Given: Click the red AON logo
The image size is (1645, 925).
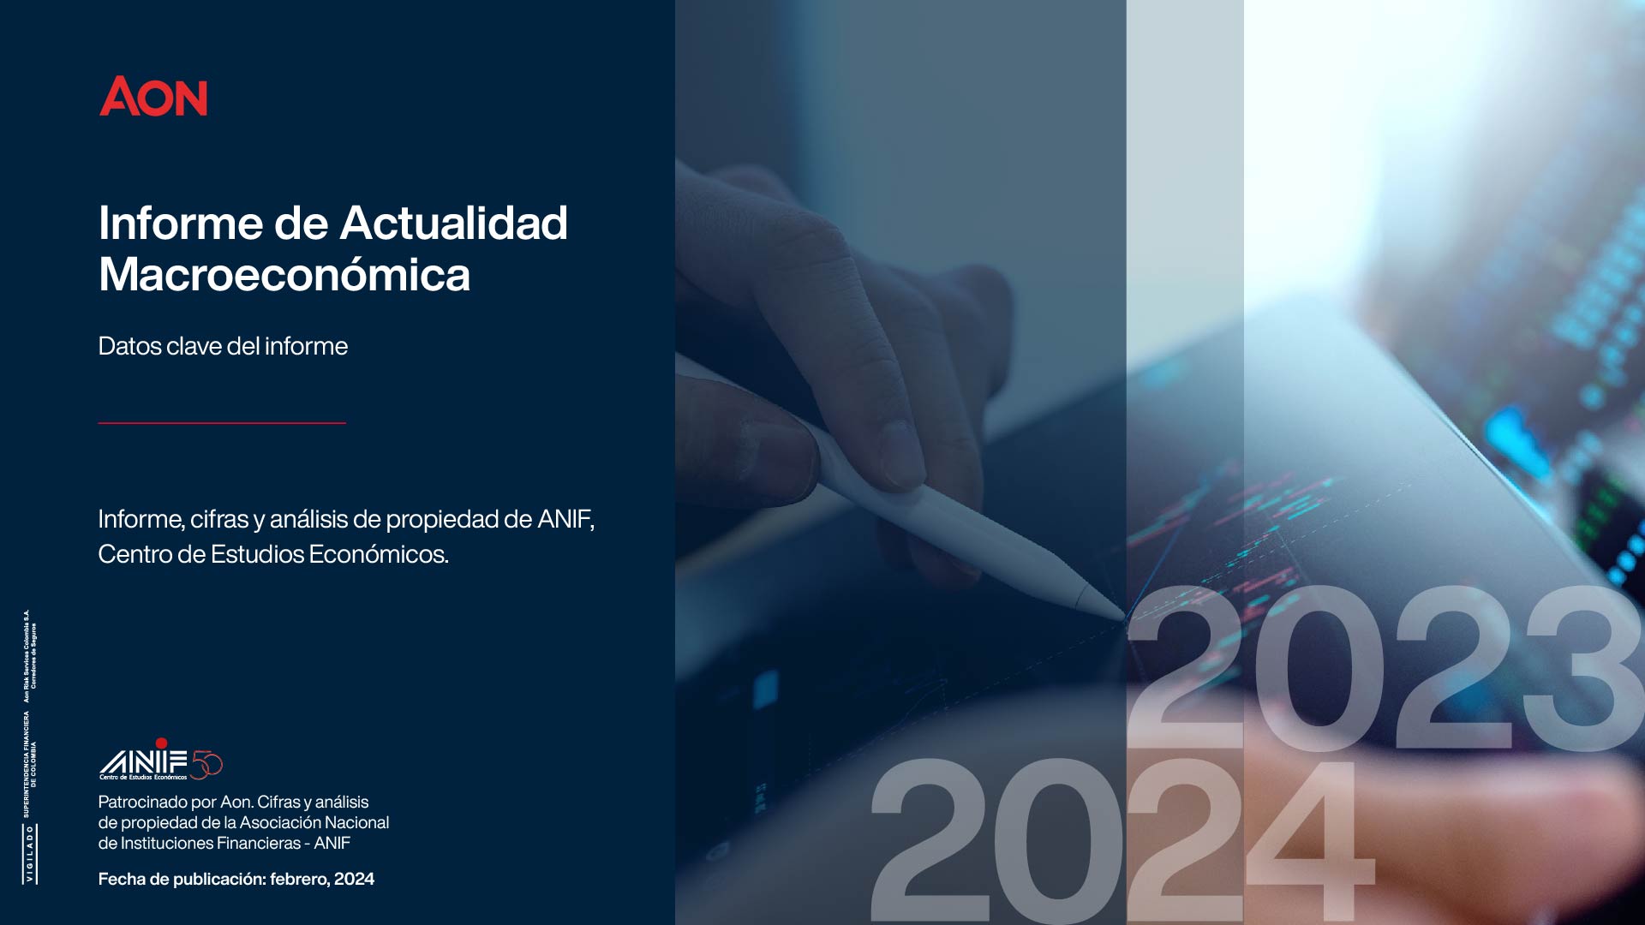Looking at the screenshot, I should point(153,96).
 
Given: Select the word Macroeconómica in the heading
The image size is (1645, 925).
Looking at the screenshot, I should point(284,275).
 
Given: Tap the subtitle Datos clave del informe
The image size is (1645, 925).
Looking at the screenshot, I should point(223,346).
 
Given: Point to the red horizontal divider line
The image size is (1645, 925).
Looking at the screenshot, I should point(222,422).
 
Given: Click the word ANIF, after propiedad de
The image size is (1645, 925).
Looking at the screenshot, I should point(565,519).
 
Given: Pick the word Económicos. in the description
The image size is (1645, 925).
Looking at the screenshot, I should point(379,554).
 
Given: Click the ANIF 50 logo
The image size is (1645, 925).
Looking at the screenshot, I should point(161,760).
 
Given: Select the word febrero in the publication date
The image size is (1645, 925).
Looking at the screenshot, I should point(298,879).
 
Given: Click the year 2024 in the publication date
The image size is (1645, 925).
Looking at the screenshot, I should point(354,879).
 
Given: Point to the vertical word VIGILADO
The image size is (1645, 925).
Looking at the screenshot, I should point(30,854).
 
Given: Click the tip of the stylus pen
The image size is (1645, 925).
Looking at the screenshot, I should point(1122,617).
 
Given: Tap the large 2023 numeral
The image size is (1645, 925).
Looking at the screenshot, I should point(1384,668).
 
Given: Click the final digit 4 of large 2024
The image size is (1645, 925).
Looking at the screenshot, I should point(1311,839).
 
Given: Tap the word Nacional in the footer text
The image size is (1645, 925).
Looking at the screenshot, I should point(356,823).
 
